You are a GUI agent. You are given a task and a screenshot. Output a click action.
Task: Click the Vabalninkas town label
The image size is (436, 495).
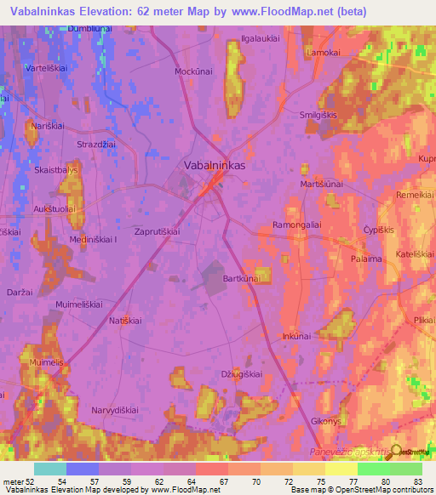(215, 166)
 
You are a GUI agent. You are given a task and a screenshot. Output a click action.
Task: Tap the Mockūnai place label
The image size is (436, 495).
(192, 72)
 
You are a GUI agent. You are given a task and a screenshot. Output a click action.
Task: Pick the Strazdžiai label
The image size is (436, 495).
(96, 145)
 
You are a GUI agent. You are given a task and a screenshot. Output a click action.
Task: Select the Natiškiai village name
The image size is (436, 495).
(130, 320)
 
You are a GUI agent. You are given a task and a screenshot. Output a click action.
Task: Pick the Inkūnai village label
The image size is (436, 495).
(296, 336)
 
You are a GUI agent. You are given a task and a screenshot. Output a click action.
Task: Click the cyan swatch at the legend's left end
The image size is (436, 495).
(49, 469)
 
